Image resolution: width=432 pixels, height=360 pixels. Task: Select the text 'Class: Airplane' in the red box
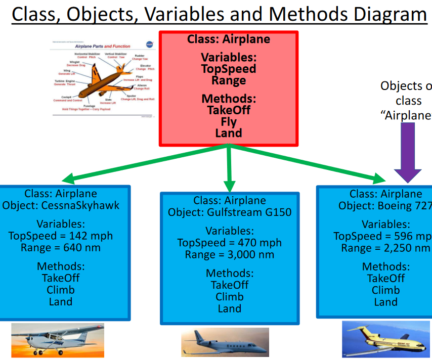pyautogui.click(x=229, y=39)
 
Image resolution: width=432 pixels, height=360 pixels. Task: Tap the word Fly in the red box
pyautogui.click(x=229, y=121)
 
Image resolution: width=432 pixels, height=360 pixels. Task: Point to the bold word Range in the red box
pyautogui.click(x=229, y=80)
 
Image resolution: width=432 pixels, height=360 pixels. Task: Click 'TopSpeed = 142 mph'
pyautogui.click(x=61, y=236)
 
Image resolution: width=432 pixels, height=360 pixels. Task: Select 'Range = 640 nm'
pyautogui.click(x=61, y=248)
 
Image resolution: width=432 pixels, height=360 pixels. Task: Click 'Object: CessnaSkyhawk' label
pyautogui.click(x=61, y=205)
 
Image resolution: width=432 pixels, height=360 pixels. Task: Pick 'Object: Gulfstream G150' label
pyautogui.click(x=230, y=212)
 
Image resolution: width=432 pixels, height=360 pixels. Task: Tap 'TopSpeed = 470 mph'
pyautogui.click(x=230, y=243)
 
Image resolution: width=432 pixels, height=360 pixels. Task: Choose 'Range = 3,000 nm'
pyautogui.click(x=230, y=255)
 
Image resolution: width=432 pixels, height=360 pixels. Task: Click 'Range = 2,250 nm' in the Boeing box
pyautogui.click(x=385, y=248)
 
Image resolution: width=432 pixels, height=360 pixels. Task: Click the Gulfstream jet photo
pyautogui.click(x=225, y=342)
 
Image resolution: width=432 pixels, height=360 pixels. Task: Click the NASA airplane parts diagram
pyautogui.click(x=104, y=78)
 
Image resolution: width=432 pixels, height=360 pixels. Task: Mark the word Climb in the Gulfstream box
pyautogui.click(x=230, y=297)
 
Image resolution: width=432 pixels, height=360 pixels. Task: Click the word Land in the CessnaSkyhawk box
pyautogui.click(x=61, y=302)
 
